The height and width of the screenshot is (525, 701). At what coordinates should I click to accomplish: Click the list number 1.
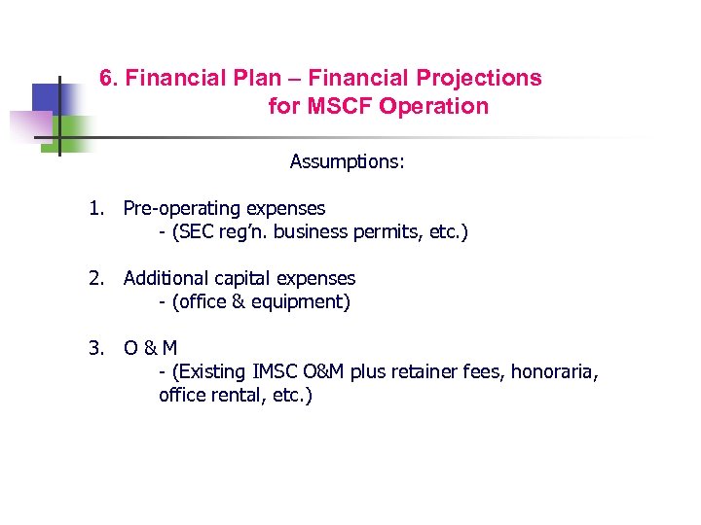94,208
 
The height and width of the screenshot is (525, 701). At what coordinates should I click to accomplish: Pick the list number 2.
94,278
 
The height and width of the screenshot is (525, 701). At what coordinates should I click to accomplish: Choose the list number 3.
94,348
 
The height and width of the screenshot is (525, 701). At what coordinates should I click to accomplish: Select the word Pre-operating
183,208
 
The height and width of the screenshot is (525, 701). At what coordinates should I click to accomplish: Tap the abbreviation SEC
197,232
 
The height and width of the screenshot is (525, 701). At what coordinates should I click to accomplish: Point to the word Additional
165,278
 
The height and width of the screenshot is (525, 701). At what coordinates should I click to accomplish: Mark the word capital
240,278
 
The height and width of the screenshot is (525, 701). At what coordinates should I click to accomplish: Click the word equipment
301,302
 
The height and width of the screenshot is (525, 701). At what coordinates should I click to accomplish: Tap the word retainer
427,372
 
